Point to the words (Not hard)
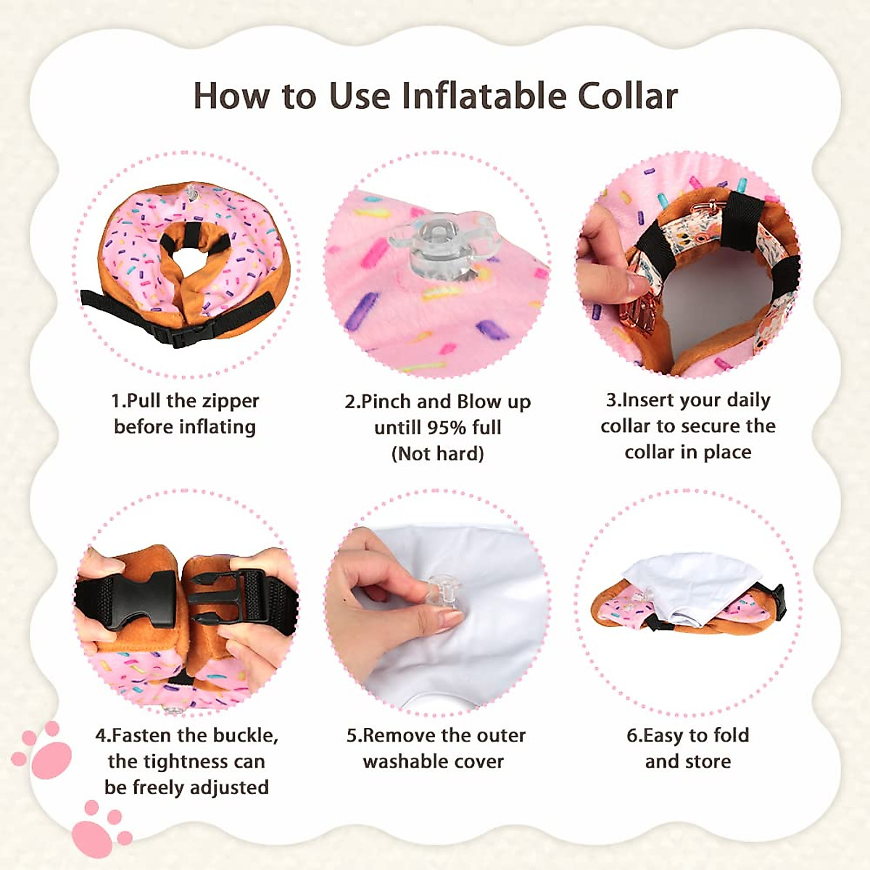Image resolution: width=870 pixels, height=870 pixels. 437,454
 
